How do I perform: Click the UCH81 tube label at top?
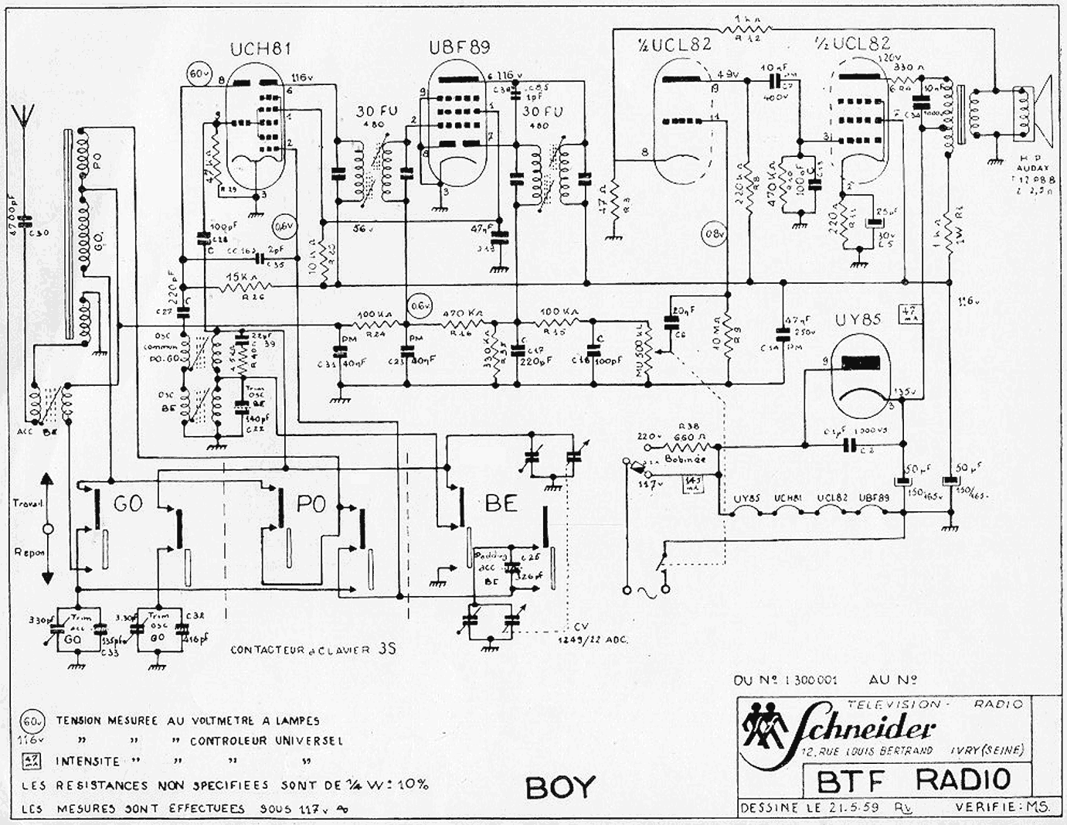point(260,49)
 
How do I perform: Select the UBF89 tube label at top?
point(459,49)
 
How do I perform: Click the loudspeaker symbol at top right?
point(1038,113)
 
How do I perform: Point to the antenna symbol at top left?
point(27,115)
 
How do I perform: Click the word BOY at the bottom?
point(561,787)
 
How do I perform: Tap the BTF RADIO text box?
point(912,779)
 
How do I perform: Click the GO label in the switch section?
point(129,504)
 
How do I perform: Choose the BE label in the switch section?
point(501,504)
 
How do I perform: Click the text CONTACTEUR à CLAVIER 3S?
point(313,649)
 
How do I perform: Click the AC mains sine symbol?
point(644,592)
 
